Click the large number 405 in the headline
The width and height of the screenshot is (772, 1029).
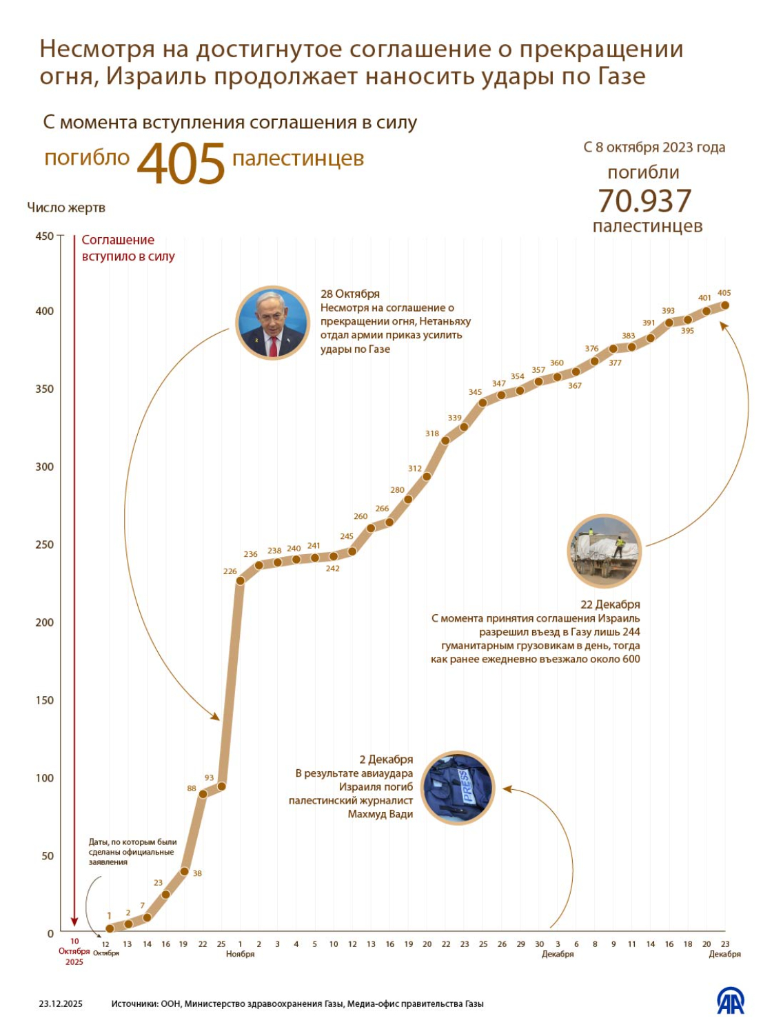[x=181, y=163]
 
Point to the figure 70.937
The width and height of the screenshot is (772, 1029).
[x=644, y=201]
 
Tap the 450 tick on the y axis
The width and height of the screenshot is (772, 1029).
[x=45, y=236]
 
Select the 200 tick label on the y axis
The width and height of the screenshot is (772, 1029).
[x=45, y=622]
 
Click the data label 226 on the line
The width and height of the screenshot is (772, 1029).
[x=230, y=571]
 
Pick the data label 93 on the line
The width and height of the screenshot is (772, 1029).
[x=209, y=777]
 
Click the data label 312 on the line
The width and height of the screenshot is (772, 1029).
[x=414, y=469]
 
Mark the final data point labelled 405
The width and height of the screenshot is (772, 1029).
[x=725, y=305]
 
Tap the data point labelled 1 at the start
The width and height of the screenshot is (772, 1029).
[x=110, y=928]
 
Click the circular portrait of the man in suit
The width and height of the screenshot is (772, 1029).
[x=272, y=323]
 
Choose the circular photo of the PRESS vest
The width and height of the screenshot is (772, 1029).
[x=458, y=788]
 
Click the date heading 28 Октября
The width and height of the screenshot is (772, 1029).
[x=350, y=294]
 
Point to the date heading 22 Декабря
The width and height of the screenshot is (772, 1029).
[x=610, y=604]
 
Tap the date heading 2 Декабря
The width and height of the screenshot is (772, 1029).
[x=386, y=760]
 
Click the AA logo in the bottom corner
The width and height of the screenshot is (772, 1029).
[x=731, y=1001]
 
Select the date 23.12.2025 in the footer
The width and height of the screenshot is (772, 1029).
[x=61, y=1003]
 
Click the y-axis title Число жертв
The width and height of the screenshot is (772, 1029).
[x=66, y=207]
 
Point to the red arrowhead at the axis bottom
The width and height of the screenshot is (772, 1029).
[x=74, y=923]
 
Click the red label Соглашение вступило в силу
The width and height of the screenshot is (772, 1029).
[x=128, y=248]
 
